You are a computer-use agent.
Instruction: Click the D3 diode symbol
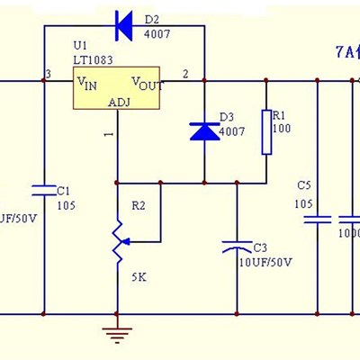click(202, 130)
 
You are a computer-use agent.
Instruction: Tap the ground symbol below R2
click(116, 335)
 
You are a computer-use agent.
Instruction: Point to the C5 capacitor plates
click(317, 219)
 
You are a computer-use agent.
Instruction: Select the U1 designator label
click(81, 45)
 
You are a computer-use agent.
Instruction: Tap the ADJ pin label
click(119, 102)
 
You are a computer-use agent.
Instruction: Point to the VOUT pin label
click(148, 83)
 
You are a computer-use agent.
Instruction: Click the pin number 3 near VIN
click(47, 73)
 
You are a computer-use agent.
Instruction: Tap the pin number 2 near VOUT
click(186, 73)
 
